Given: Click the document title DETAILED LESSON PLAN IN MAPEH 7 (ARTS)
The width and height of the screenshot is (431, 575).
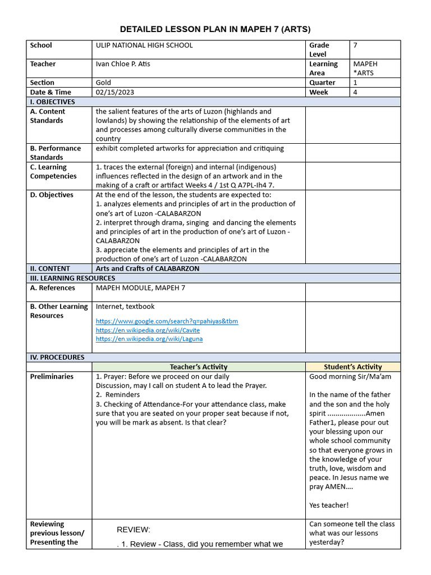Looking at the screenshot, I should tap(215, 29).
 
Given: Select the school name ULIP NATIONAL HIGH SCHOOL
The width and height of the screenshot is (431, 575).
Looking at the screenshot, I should tap(144, 45).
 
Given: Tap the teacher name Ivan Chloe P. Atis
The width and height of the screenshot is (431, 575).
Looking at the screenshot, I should tap(123, 64).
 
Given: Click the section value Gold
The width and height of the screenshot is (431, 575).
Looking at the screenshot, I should tap(103, 83).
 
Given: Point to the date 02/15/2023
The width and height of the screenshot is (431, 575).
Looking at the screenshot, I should tap(115, 92).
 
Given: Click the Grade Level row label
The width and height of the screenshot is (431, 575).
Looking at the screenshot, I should tap(319, 49).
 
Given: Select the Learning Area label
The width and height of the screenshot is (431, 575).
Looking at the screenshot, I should tap(323, 69).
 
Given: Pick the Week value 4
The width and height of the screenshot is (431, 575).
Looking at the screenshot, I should tap(355, 92).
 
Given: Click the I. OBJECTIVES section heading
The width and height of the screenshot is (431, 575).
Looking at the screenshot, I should tap(53, 102).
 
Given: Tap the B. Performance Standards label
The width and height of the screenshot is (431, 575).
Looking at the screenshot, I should tap(55, 153).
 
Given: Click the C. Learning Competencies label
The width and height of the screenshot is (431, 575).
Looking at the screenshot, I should tap(53, 172).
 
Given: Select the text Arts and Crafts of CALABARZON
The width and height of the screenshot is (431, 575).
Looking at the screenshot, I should tap(148, 268).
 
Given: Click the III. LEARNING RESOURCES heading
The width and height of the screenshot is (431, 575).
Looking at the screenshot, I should tap(72, 278).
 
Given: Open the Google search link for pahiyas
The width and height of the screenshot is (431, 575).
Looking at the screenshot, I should tap(167, 321).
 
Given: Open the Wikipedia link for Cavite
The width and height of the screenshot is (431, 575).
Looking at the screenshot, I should tap(148, 330).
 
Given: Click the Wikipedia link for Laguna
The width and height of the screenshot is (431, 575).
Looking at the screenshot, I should tap(149, 339).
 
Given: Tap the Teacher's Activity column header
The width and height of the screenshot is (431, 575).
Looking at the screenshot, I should tap(199, 367).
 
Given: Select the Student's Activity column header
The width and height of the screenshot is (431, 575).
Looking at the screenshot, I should tap(353, 367).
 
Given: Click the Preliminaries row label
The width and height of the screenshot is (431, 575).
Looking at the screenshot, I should tap(52, 376).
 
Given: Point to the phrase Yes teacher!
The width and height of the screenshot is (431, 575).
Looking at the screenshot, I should tap(329, 505).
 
